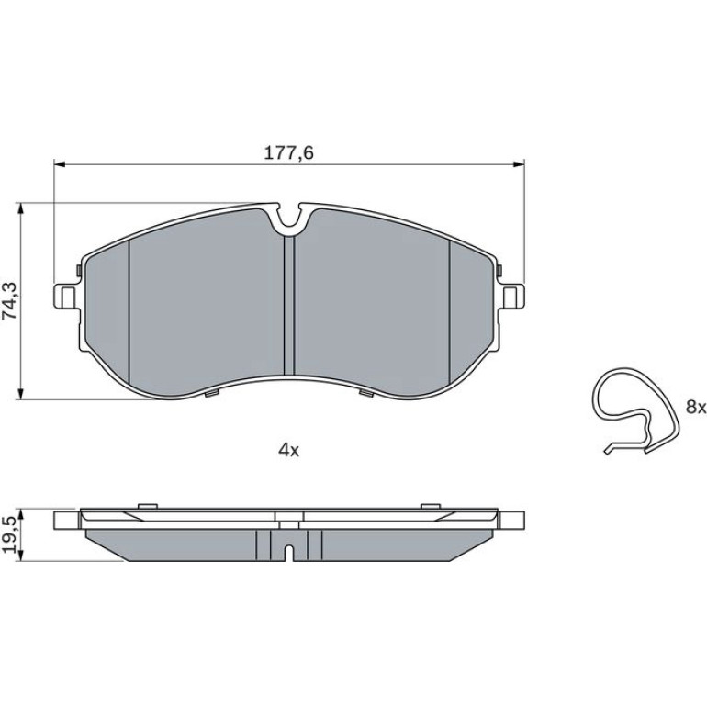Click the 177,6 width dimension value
pyautogui.click(x=288, y=153)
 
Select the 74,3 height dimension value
pyautogui.click(x=10, y=301)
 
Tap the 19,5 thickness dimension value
pyautogui.click(x=10, y=534)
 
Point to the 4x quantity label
pyautogui.click(x=288, y=450)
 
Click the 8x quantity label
pyautogui.click(x=695, y=407)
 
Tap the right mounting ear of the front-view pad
pyautogui.click(x=511, y=297)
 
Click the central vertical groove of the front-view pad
pyautogui.click(x=289, y=306)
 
